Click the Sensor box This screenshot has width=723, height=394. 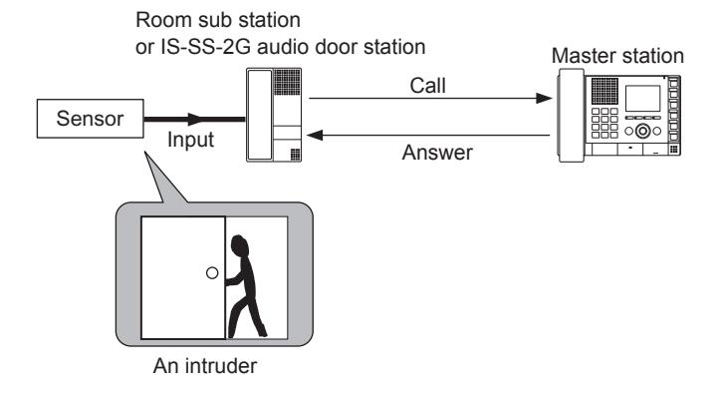(90, 119)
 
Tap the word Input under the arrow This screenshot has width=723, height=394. (190, 140)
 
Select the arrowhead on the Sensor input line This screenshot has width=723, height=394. (195, 119)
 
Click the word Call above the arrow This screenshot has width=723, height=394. (428, 86)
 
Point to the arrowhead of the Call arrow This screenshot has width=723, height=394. (544, 98)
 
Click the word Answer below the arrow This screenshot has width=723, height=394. (437, 153)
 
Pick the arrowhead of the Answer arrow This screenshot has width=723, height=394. (315, 135)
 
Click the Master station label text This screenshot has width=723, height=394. (617, 56)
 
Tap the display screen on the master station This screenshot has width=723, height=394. (642, 98)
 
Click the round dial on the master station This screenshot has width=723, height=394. (642, 131)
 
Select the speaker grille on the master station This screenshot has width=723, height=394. (604, 91)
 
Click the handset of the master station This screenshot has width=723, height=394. (572, 115)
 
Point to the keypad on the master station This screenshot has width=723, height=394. (604, 123)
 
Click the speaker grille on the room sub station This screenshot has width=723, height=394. (287, 82)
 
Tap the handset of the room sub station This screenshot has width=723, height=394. (260, 115)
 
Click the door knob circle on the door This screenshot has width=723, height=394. (212, 273)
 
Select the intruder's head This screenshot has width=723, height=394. (240, 246)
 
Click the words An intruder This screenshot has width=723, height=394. (205, 366)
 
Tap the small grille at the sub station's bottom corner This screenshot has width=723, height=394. (295, 155)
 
